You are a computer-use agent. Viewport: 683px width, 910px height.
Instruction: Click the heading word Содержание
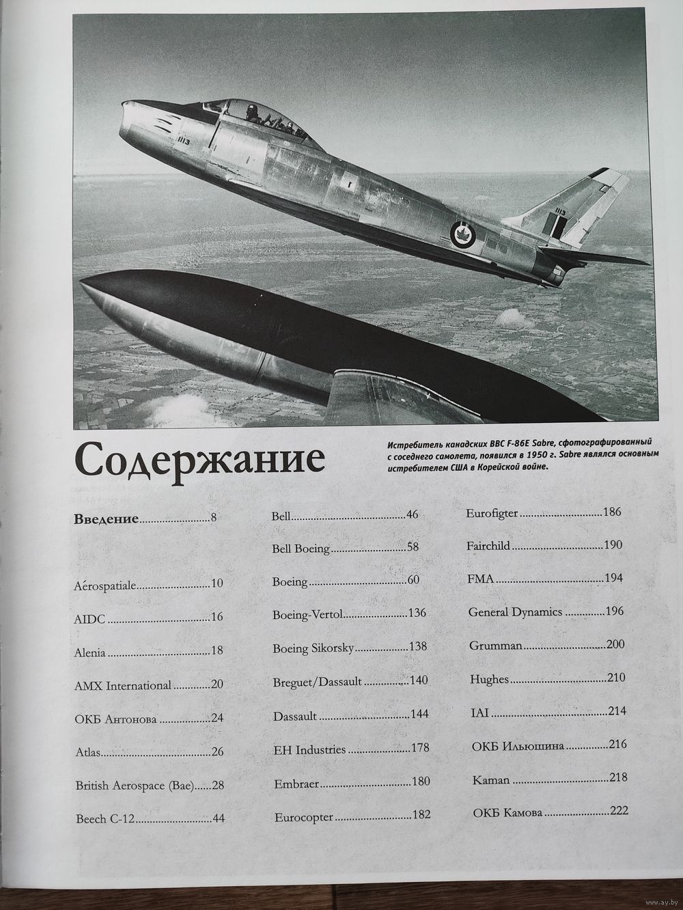[199, 460]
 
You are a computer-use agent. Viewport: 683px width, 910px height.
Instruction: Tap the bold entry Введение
[106, 518]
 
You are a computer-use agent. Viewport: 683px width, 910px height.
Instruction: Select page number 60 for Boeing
[413, 581]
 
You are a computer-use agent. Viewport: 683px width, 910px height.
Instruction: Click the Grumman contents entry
[496, 645]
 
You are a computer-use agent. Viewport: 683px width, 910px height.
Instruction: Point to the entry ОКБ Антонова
[115, 719]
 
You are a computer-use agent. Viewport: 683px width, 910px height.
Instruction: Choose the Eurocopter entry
[303, 816]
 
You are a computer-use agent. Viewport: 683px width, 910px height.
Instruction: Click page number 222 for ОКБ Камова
[619, 811]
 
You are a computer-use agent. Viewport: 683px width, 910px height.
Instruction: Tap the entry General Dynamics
[515, 611]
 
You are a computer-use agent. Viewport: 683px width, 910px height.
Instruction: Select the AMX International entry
[122, 685]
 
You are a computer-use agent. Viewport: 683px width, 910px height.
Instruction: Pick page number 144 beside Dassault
[419, 715]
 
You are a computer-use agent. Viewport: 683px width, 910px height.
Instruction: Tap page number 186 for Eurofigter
[612, 512]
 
